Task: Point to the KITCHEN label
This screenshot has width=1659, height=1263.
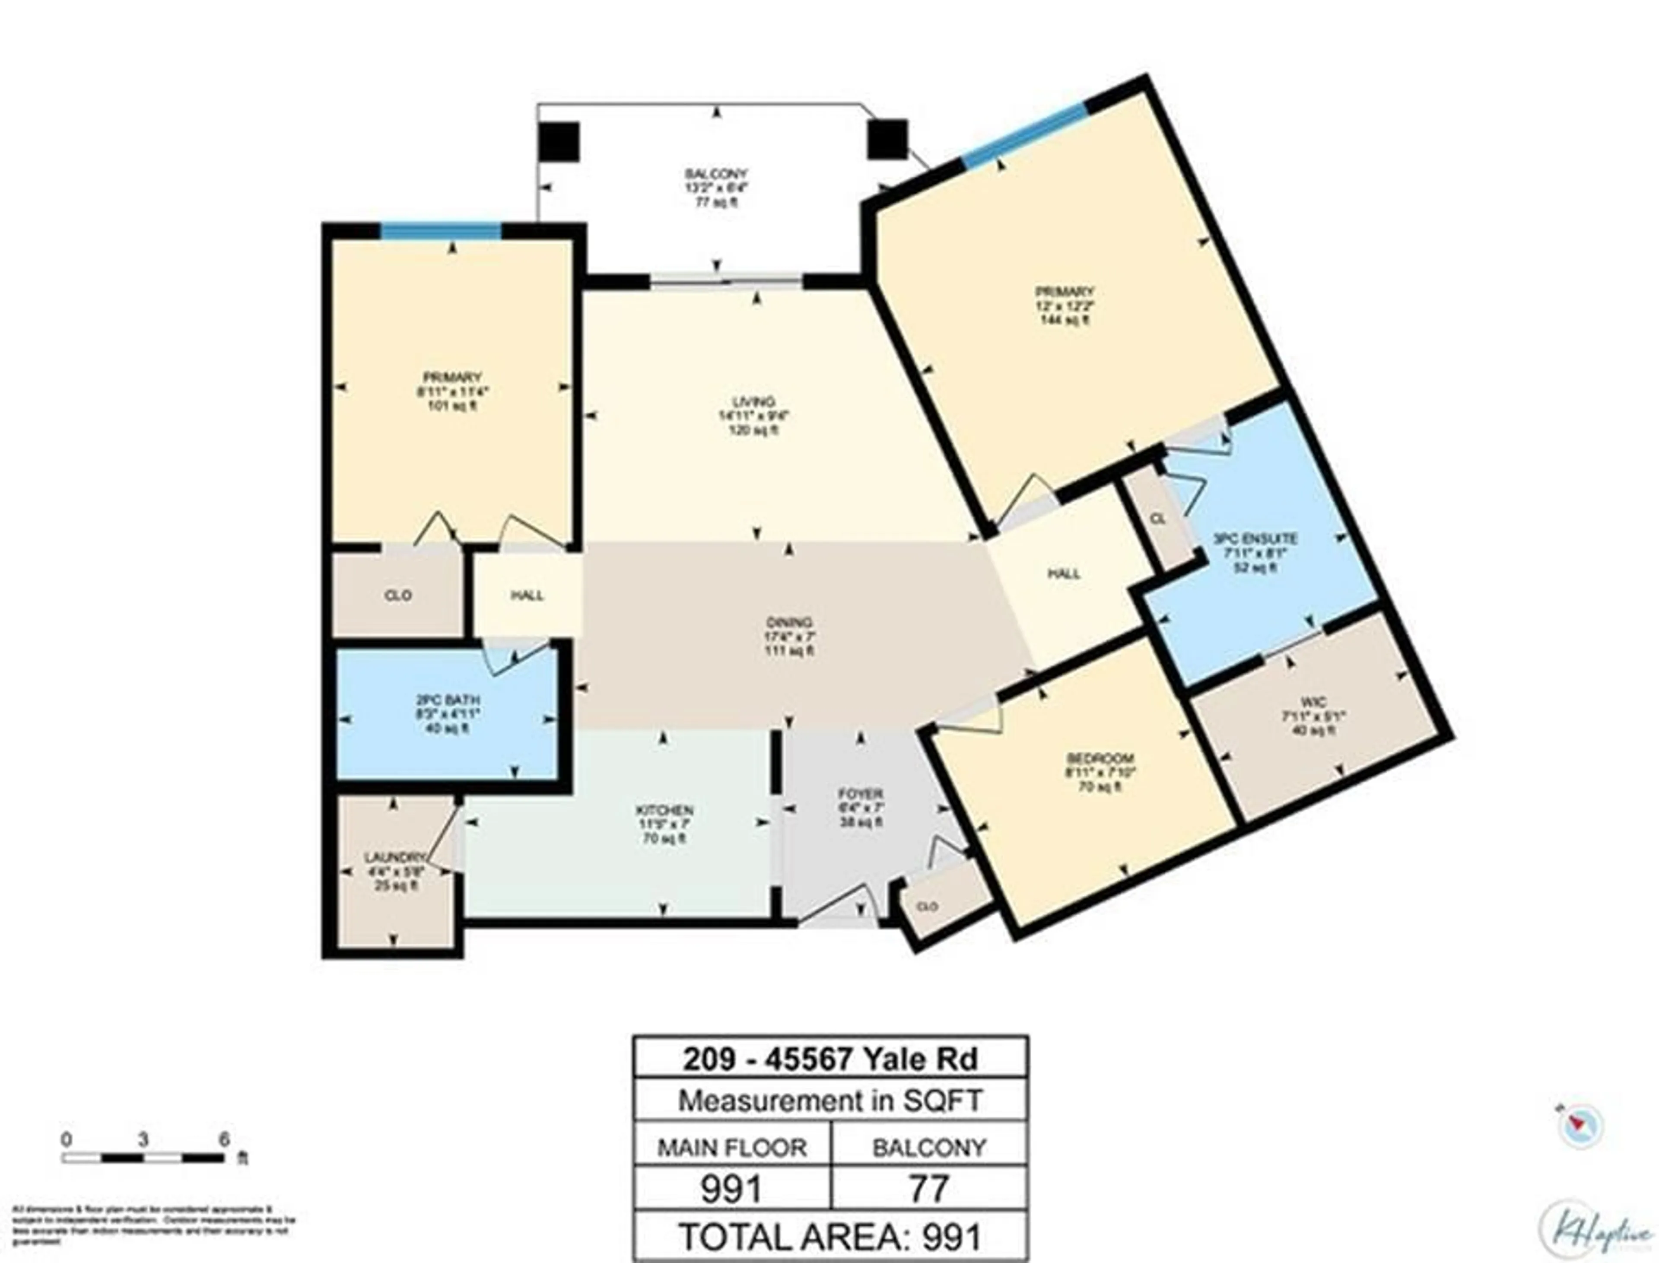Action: pos(664,811)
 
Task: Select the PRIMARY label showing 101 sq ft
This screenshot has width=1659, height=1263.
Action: pos(452,377)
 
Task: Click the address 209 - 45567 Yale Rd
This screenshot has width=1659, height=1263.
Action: pos(830,1059)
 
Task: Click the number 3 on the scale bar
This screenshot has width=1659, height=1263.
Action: pos(143,1140)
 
